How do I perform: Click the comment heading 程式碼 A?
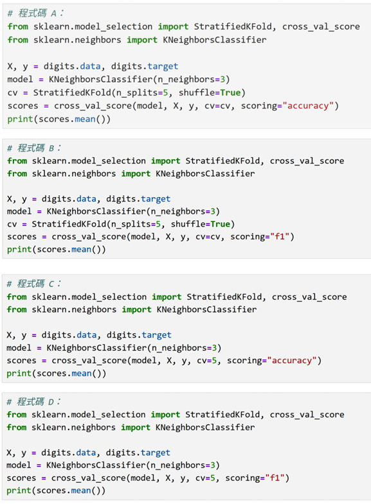(35, 13)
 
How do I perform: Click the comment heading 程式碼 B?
(34, 148)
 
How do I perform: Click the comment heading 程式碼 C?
(34, 284)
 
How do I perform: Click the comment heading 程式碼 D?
(34, 402)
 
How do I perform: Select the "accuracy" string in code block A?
(308, 106)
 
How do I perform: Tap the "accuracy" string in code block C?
(292, 361)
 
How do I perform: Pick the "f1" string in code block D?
(275, 478)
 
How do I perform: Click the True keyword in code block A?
(230, 92)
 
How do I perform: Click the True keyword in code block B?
(221, 224)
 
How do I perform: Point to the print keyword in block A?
(21, 119)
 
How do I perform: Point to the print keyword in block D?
(19, 491)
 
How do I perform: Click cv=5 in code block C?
(206, 361)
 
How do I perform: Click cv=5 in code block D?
(205, 478)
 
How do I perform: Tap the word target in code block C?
(157, 335)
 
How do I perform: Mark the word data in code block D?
(86, 453)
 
